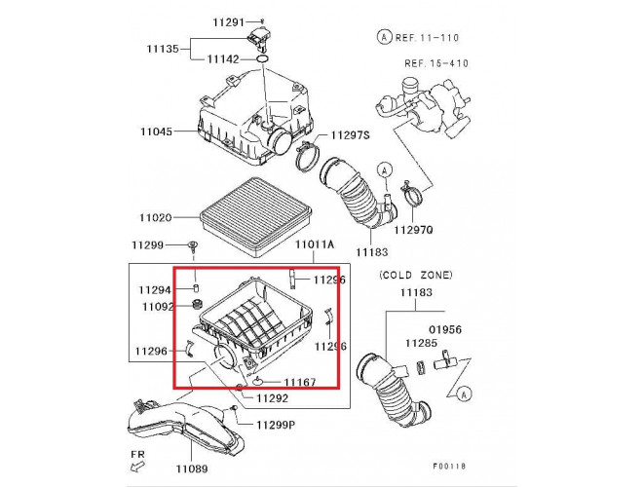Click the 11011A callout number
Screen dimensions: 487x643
pyautogui.click(x=315, y=244)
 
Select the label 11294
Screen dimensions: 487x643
pyautogui.click(x=155, y=290)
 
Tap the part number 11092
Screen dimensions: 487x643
pyautogui.click(x=155, y=307)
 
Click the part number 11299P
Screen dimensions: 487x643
pyautogui.click(x=276, y=426)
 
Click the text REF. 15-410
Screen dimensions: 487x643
pyautogui.click(x=436, y=63)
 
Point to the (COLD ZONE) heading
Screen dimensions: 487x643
pyautogui.click(x=416, y=276)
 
